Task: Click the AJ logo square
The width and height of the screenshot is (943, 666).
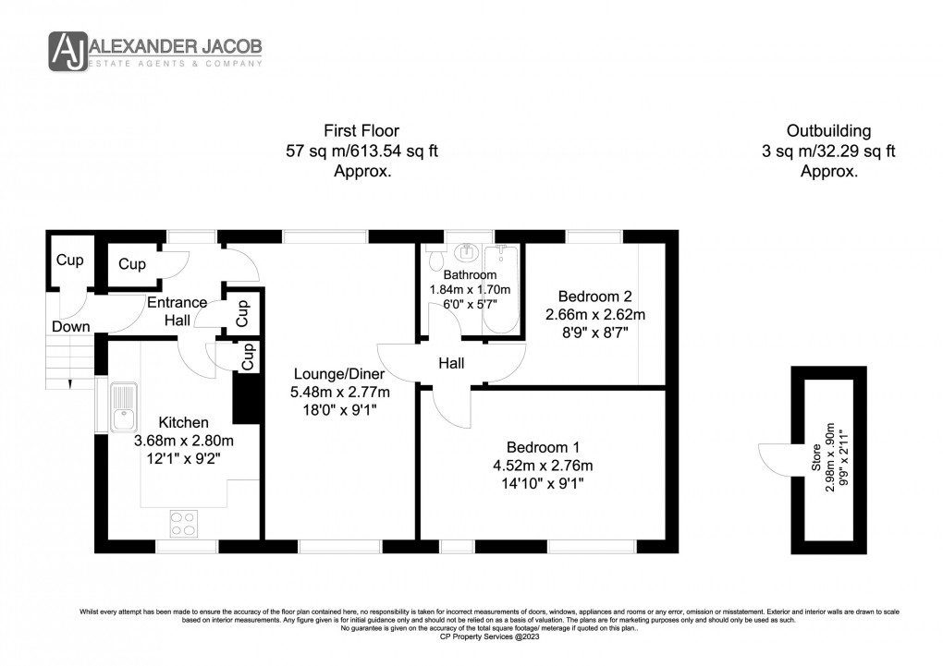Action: click(67, 51)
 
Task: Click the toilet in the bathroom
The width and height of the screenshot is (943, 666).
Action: click(465, 252)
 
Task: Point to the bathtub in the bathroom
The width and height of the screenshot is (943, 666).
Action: click(505, 288)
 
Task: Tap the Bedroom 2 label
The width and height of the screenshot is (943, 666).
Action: click(594, 297)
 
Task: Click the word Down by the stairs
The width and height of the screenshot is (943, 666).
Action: click(71, 326)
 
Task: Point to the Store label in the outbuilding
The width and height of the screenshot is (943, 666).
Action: click(816, 459)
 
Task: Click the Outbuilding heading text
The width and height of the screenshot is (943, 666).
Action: click(828, 131)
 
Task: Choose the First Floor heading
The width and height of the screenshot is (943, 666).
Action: click(361, 131)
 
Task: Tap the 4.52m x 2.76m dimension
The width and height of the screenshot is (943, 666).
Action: click(543, 465)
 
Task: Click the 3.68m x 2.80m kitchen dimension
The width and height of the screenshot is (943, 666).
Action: click(184, 440)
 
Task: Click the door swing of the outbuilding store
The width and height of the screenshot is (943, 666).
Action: click(774, 458)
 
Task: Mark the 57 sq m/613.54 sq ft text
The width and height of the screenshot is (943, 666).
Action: click(361, 151)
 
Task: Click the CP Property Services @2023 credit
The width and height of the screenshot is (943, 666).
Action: click(471, 636)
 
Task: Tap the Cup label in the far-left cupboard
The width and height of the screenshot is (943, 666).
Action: click(69, 260)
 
